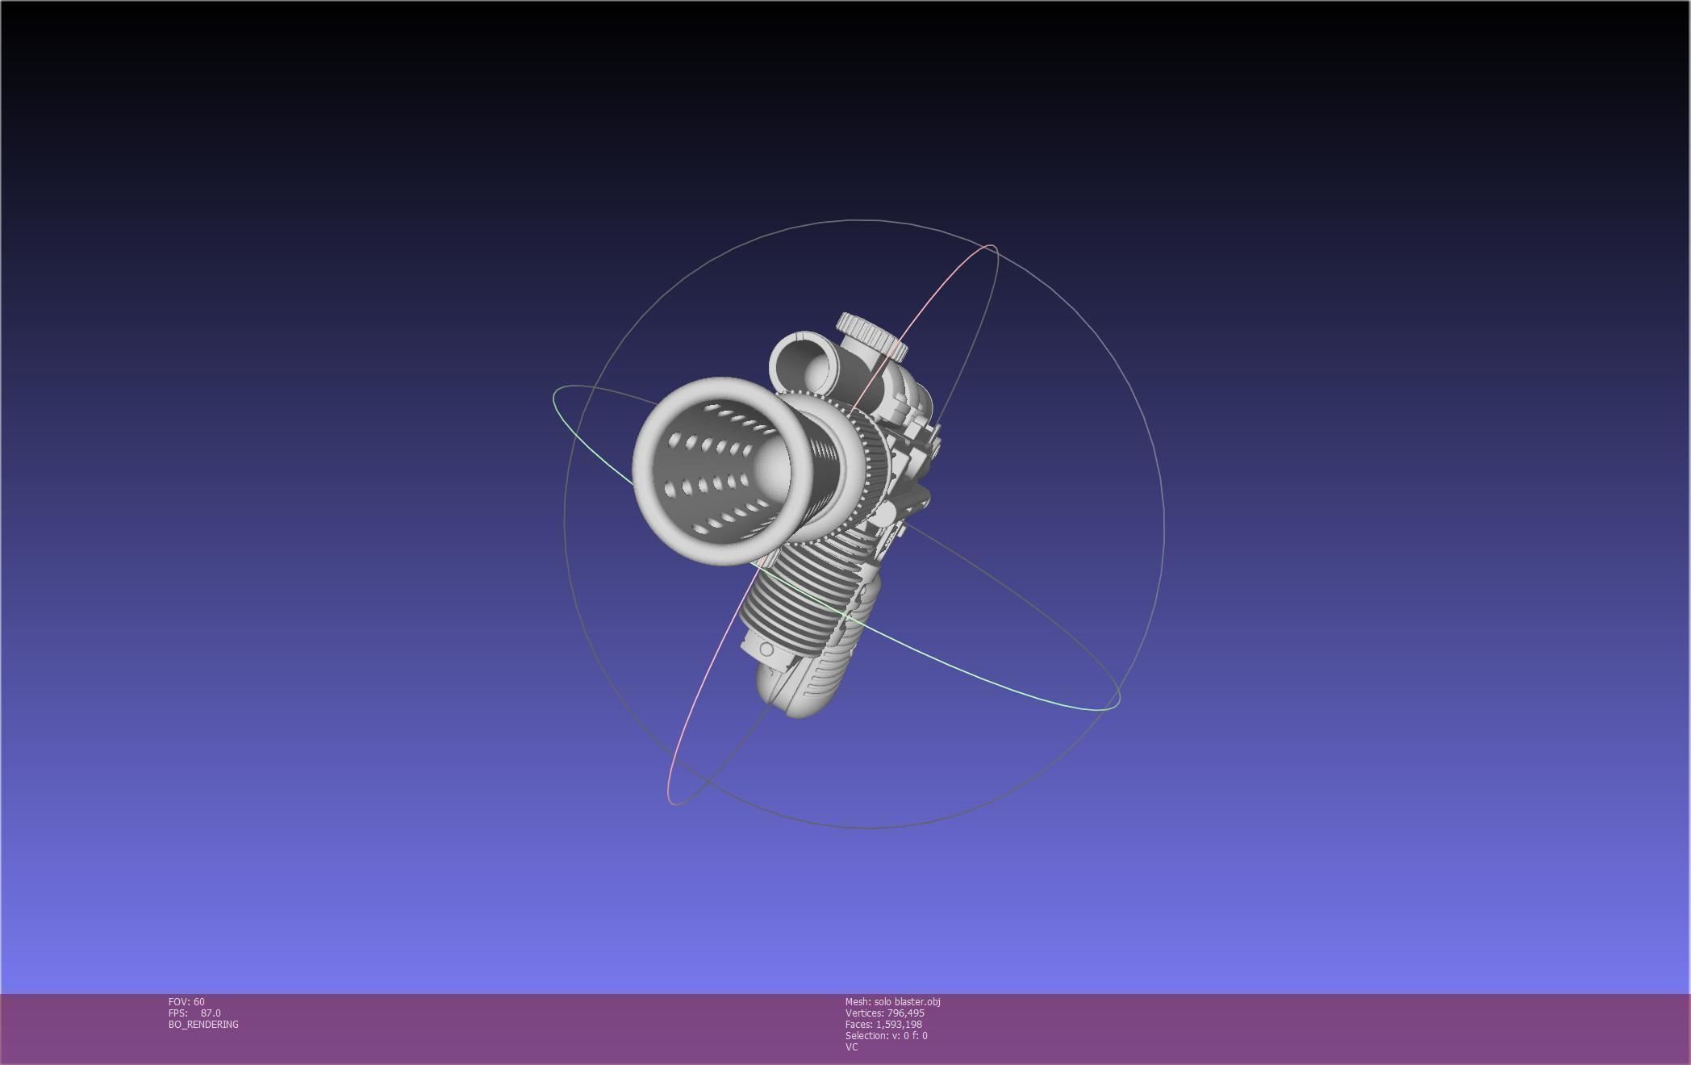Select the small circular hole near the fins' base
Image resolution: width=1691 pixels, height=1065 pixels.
[766, 649]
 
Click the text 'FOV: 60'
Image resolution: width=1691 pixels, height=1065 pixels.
[186, 1002]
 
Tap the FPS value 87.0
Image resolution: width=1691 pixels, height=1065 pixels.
[211, 1013]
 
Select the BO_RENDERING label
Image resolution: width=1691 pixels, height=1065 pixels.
[203, 1025]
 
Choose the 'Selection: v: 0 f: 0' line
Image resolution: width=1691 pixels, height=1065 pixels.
[886, 1036]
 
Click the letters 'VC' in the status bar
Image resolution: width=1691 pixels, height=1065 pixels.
[851, 1047]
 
